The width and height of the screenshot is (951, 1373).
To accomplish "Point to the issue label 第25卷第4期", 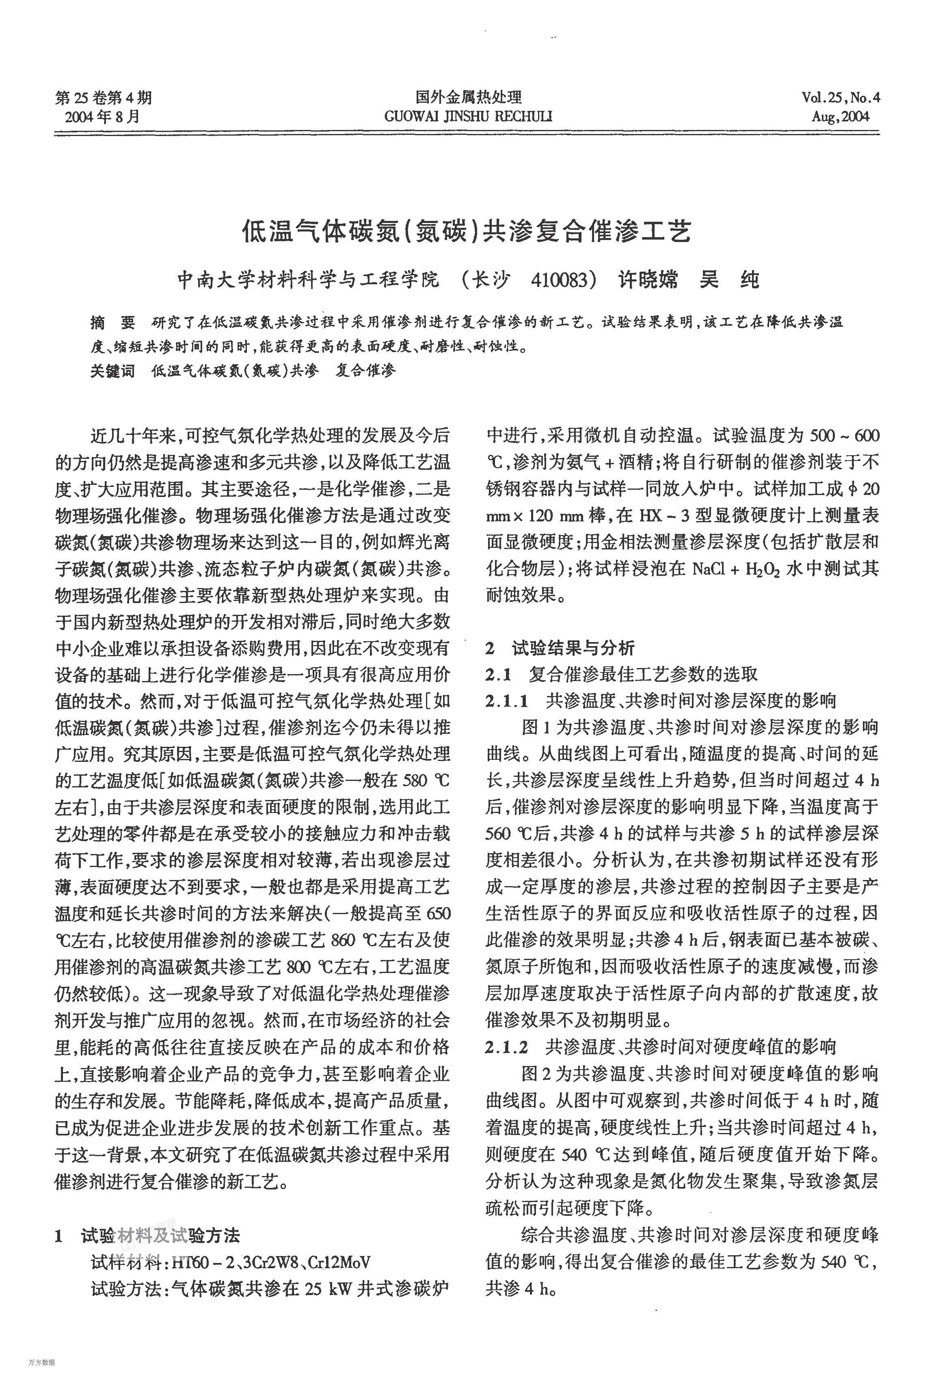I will point(103,98).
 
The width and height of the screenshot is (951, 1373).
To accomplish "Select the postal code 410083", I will point(558,279).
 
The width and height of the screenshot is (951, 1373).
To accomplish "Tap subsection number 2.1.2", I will point(507,1047).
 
